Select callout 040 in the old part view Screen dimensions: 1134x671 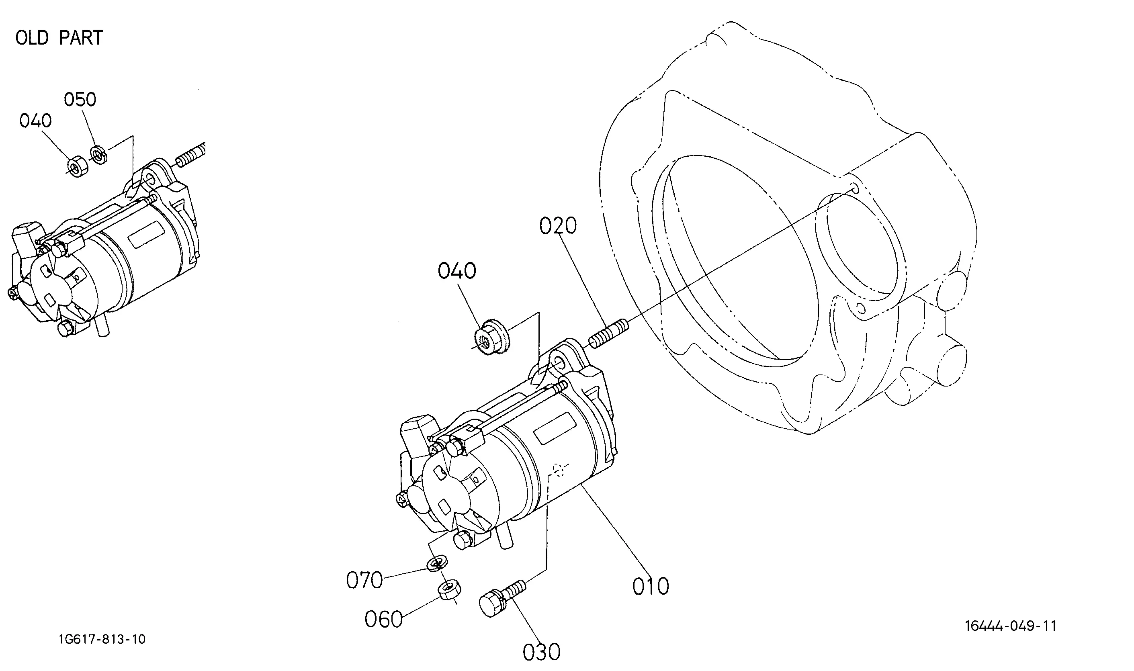[35, 121]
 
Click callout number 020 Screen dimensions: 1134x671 [558, 226]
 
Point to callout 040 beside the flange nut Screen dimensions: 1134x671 [456, 271]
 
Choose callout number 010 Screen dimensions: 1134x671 [650, 587]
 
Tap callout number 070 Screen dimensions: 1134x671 [364, 580]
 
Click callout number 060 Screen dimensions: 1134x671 [383, 619]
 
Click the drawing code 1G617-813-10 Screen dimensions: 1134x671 [102, 639]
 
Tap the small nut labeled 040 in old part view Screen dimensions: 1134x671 [78, 166]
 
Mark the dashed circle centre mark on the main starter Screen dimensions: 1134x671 [559, 471]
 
